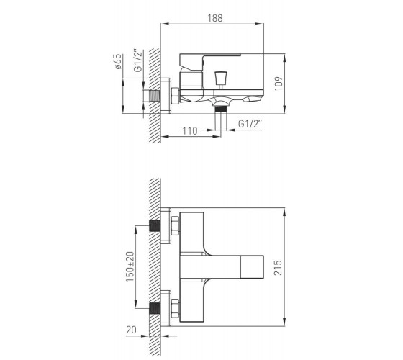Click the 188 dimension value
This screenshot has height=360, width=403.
215,18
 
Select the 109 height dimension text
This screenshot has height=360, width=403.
279,84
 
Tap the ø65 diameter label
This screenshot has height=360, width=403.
118,61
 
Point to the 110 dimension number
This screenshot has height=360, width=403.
190,131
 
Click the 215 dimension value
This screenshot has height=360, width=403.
278,268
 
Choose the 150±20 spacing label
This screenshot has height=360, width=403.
130,266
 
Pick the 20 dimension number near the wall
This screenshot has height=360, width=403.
131,330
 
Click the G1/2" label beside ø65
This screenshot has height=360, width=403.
137,60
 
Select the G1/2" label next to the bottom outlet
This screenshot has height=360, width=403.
250,124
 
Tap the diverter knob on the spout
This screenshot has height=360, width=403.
220,78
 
